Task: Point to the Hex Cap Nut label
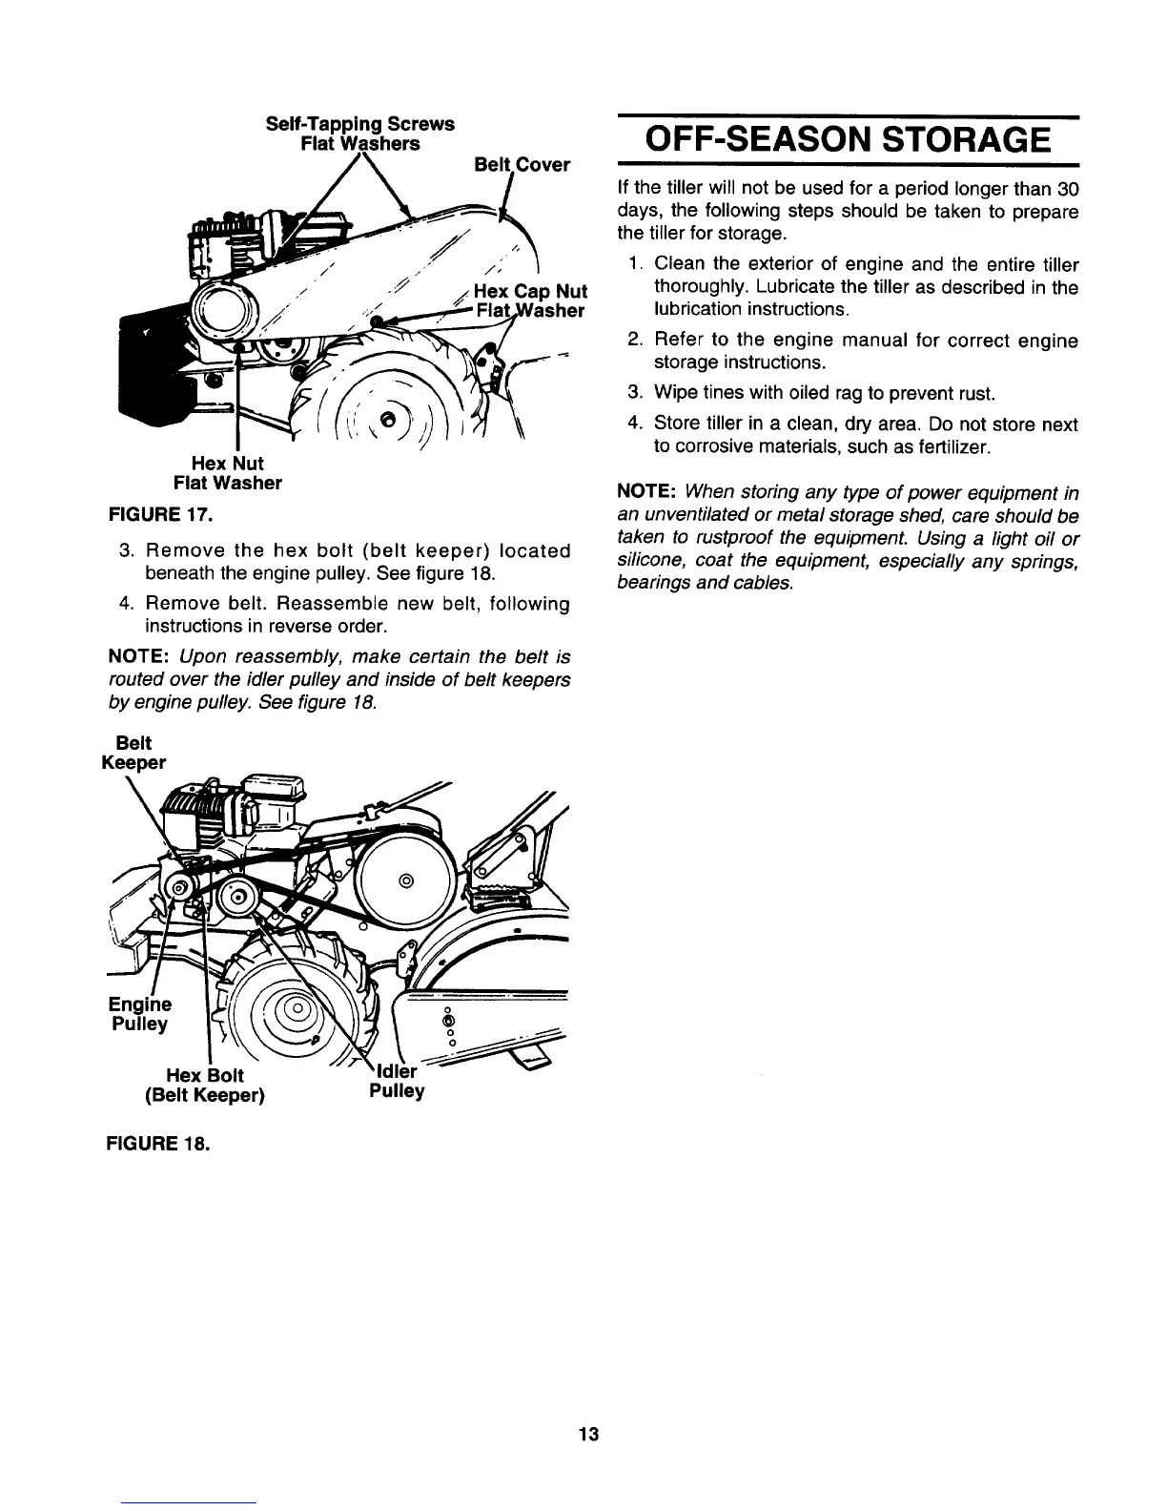530,291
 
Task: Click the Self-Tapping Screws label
359,124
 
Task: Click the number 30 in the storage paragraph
1068,188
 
